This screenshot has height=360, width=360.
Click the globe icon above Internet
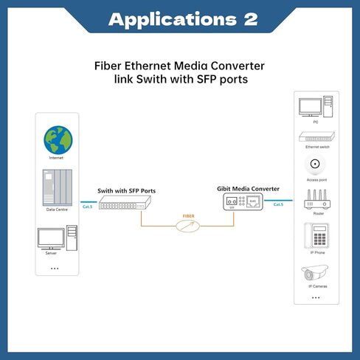[x=57, y=138]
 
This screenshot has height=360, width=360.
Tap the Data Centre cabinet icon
[x=57, y=187]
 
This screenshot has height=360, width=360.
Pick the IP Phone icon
[x=316, y=237]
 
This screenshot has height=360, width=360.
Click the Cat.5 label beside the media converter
[x=278, y=204]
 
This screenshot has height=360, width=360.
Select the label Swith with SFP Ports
[x=127, y=190]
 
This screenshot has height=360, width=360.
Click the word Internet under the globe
[x=57, y=158]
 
